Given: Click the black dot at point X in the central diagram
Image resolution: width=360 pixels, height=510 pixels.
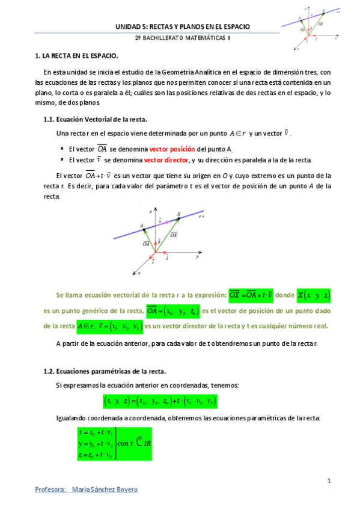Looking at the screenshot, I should click(178, 219).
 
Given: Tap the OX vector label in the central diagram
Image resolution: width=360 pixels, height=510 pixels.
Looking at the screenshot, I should click(174, 235).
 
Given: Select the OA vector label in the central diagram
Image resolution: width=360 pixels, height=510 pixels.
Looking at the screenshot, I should click(147, 244).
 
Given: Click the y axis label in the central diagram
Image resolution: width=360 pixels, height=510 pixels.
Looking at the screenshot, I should click(197, 256).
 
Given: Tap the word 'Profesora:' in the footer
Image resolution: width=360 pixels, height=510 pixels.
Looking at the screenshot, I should click(50, 490).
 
